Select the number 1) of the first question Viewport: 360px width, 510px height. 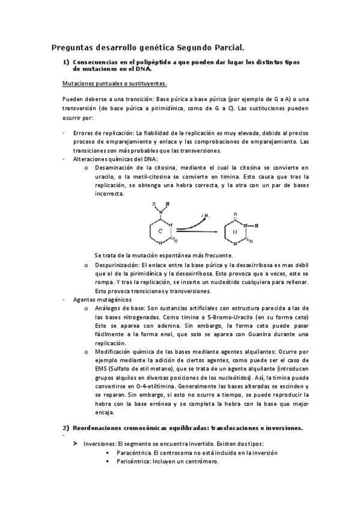pyautogui.click(x=66, y=62)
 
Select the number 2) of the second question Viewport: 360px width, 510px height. pyautogui.click(x=66, y=428)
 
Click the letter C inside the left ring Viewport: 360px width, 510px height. pyautogui.click(x=160, y=231)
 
